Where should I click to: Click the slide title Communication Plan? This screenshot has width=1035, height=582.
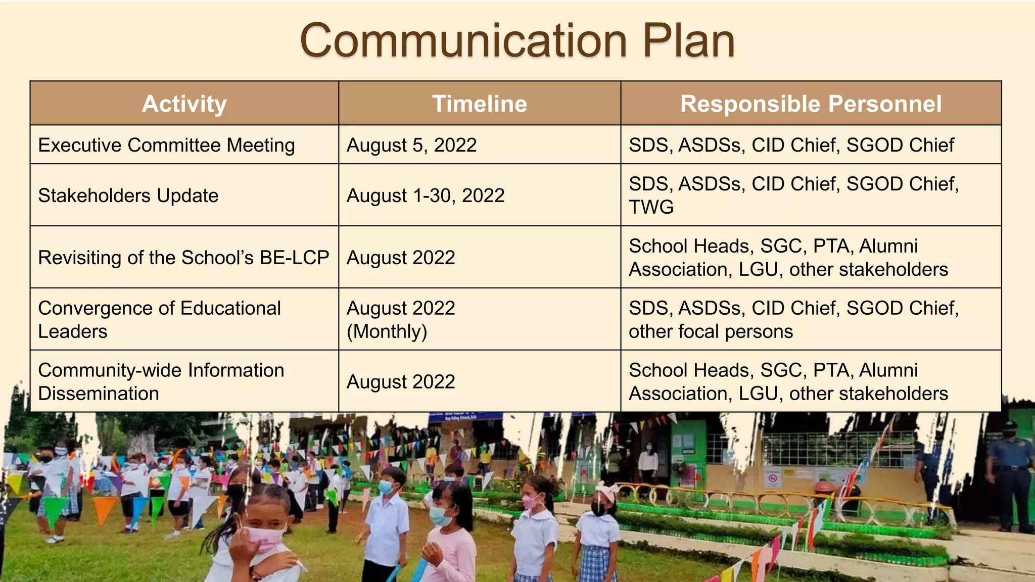pos(517,40)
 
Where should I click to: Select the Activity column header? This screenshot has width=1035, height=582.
pos(184,104)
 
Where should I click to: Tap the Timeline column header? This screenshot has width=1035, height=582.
pos(480,104)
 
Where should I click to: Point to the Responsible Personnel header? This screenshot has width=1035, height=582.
pos(811,104)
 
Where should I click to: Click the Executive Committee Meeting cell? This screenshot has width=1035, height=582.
pos(166,145)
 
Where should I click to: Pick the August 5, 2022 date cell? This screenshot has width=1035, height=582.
pos(411,145)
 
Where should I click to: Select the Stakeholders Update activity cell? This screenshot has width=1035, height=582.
pos(128,196)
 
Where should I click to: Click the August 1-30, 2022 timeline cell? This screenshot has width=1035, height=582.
pos(426,196)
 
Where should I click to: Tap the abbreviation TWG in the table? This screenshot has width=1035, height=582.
pos(651,207)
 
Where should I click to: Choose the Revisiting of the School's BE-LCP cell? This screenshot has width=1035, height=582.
pos(183,258)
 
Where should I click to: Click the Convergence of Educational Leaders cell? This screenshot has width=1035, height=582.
pos(159,319)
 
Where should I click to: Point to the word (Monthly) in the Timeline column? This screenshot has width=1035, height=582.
pos(387,331)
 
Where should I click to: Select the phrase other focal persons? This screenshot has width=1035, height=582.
pos(711,331)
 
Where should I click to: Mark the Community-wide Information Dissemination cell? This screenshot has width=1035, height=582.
pos(161,381)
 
